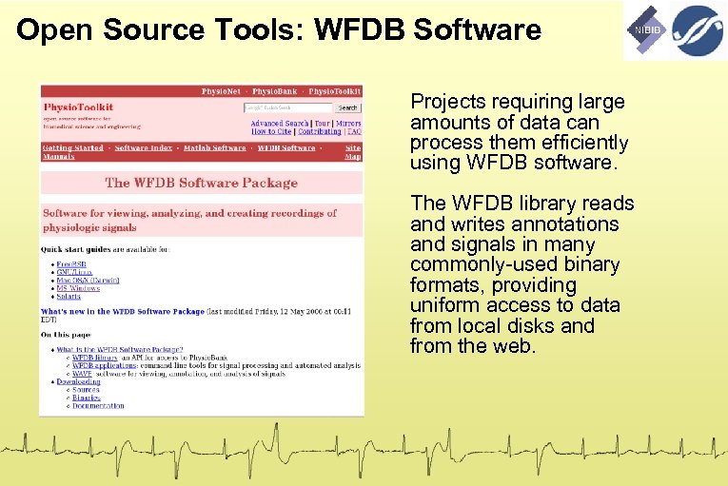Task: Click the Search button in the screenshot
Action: point(348,107)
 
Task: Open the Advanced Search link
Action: point(280,124)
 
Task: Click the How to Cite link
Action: point(271,132)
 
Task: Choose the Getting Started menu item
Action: point(73,148)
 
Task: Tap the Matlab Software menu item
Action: point(215,148)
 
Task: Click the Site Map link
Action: point(353,152)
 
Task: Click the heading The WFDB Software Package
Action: point(201,183)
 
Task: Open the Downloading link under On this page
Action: point(78,380)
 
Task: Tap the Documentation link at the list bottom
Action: point(98,406)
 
